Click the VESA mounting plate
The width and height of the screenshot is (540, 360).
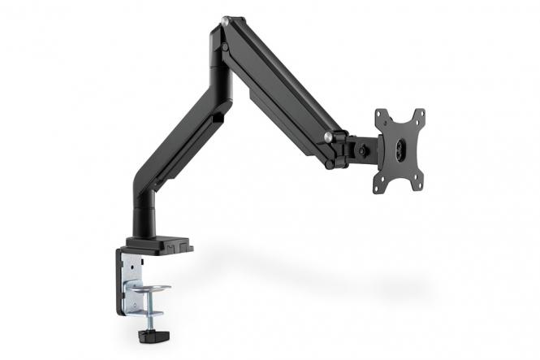point(400,150)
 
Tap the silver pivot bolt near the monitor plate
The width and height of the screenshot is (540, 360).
point(328,137)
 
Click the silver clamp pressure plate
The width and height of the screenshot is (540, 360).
point(151,289)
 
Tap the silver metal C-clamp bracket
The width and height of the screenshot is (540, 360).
point(131,280)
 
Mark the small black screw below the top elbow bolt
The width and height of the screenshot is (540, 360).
point(224,48)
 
